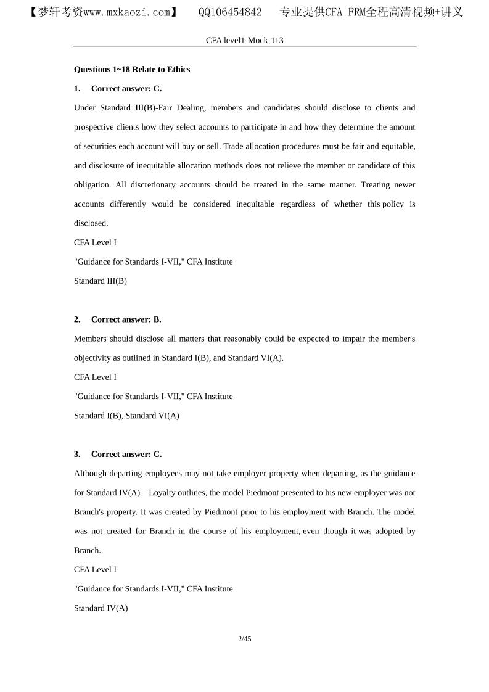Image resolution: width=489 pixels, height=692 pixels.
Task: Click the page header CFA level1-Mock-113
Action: click(x=244, y=40)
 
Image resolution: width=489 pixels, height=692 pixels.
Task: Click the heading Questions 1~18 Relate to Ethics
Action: click(x=132, y=69)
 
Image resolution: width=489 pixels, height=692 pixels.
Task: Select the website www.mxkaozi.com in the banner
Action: click(x=117, y=12)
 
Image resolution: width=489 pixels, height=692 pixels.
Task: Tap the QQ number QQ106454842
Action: click(x=230, y=12)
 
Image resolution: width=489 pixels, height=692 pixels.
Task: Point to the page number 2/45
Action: click(x=244, y=639)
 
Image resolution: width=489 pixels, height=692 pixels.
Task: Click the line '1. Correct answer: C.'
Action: click(x=118, y=88)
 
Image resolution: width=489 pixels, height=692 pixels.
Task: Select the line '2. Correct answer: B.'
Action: click(x=118, y=319)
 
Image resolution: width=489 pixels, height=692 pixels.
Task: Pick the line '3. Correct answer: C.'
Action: click(x=118, y=454)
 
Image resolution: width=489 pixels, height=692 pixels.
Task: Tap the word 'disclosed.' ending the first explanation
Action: click(x=91, y=223)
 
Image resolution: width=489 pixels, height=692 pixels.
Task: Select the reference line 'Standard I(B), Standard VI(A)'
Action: click(x=126, y=415)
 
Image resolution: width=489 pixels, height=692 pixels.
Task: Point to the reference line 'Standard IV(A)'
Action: click(x=101, y=608)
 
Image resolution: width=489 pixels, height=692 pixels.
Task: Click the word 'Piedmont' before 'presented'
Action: click(x=294, y=493)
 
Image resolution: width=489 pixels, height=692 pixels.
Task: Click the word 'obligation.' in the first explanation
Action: click(x=93, y=185)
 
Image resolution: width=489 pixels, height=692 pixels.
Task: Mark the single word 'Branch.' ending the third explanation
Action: click(x=87, y=550)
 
